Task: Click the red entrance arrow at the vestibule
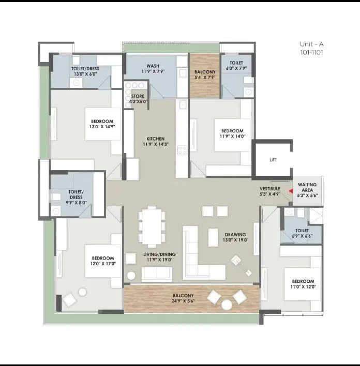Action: pos(290,191)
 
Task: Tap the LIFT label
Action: pos(273,160)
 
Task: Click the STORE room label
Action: pos(138,96)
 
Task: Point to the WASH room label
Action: pos(153,66)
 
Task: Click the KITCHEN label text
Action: pos(155,139)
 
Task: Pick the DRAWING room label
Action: pos(235,234)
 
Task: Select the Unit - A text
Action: pos(311,44)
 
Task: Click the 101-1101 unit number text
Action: pos(311,52)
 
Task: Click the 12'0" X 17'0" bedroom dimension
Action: pos(103,264)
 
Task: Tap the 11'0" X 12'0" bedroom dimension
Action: pos(303,286)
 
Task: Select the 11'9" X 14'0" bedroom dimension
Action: pos(232,136)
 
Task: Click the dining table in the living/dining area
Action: pos(152,225)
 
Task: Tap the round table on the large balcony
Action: pos(227,305)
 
